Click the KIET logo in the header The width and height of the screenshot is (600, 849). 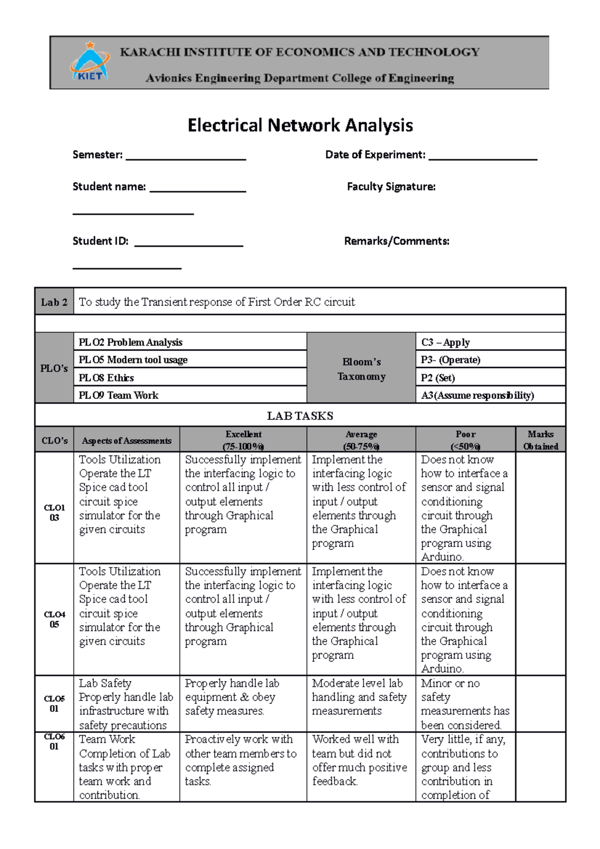[x=90, y=62]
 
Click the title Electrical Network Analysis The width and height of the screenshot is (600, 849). [x=300, y=125]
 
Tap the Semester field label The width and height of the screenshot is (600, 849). [x=97, y=155]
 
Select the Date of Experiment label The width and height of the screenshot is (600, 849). [x=375, y=155]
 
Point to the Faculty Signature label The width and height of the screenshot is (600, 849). [x=391, y=187]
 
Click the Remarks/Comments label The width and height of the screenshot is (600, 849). [x=396, y=241]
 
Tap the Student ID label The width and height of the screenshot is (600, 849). [x=100, y=241]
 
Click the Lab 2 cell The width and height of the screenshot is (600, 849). [x=54, y=302]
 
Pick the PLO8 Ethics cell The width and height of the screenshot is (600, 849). [x=106, y=378]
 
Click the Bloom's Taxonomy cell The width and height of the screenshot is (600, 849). [x=361, y=369]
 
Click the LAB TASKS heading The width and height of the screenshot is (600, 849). [x=300, y=416]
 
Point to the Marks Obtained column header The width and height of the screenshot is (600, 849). [x=540, y=440]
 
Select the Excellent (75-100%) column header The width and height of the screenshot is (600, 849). [x=243, y=440]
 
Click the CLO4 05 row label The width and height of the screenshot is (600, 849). [x=54, y=619]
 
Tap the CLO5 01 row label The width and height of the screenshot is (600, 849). [x=54, y=703]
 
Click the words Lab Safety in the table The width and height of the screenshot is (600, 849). [x=105, y=683]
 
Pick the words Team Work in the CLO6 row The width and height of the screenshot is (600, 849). [x=107, y=739]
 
